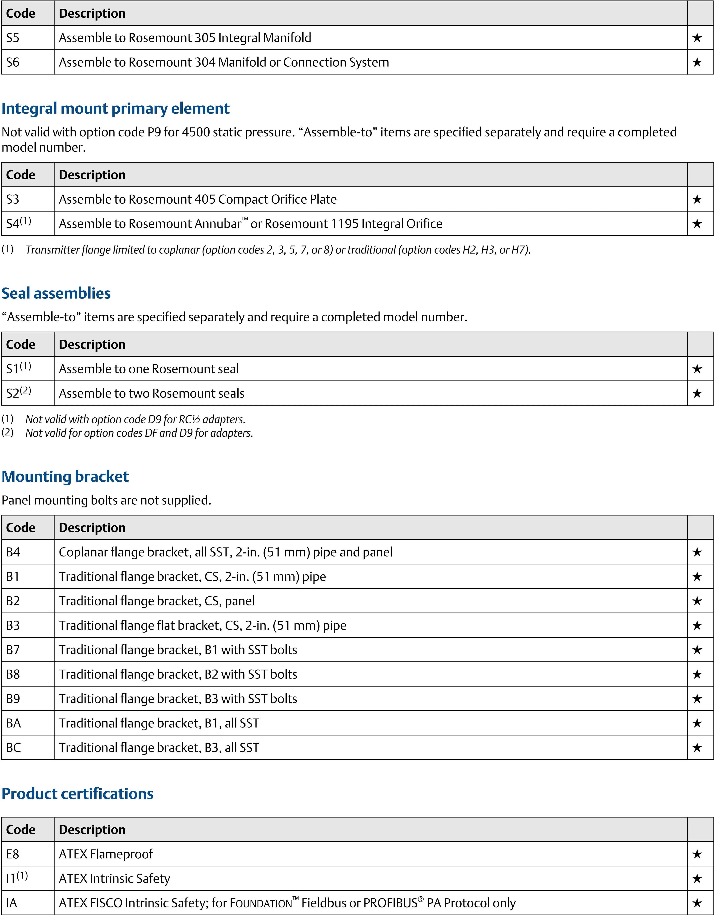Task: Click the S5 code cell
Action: (13, 38)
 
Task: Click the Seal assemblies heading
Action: (56, 293)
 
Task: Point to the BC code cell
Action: (13, 747)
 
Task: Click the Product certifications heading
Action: (78, 793)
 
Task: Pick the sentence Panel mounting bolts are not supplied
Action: (107, 500)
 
